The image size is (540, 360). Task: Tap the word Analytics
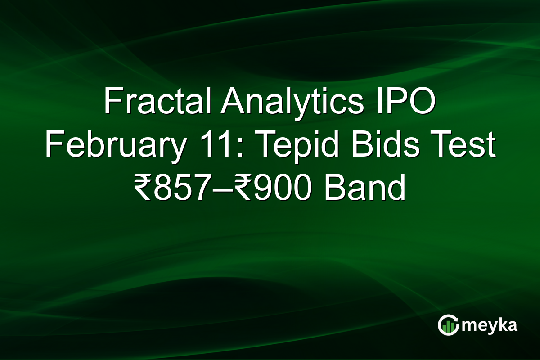(292, 102)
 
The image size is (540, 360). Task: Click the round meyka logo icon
(448, 325)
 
